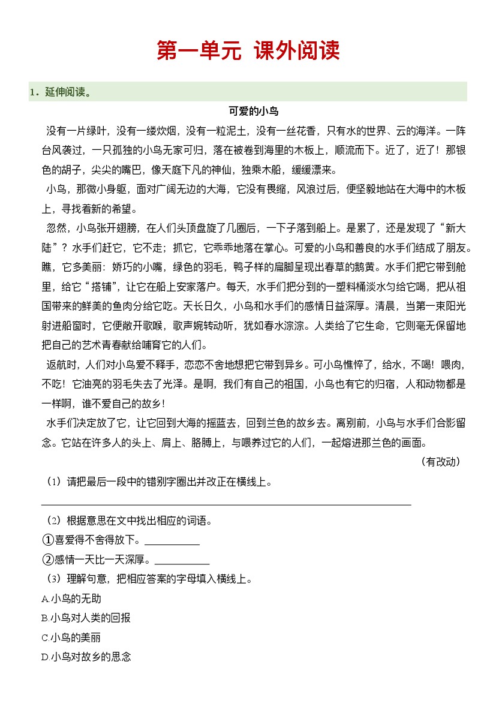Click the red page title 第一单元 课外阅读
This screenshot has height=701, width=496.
(248, 51)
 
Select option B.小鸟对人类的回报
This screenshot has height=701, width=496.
(86, 618)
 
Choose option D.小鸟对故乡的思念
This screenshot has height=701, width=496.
(86, 657)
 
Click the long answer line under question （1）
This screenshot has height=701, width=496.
(226, 504)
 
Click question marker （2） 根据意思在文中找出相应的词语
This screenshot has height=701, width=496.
(54, 521)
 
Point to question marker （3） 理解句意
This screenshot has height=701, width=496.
(54, 579)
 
